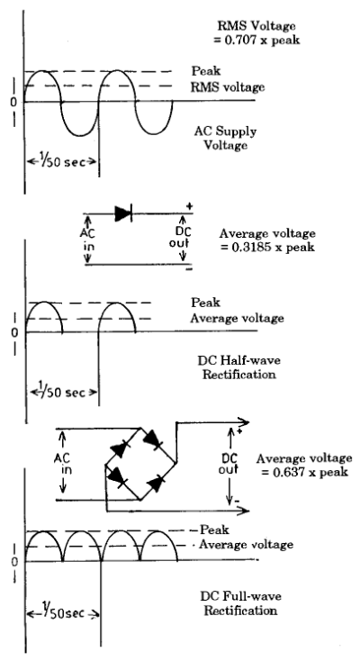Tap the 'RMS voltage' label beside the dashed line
228,87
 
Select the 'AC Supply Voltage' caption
225,139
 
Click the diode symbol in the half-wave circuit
123,213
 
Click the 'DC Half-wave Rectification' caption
239,367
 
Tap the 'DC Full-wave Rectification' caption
240,603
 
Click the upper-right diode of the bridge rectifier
153,440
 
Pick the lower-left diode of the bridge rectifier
117,477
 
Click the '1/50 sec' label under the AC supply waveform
61,161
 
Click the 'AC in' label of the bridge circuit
63,464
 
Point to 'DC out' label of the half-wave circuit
183,238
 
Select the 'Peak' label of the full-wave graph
214,530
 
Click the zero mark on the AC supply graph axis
13,103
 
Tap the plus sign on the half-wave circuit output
189,206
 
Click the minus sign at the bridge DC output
237,501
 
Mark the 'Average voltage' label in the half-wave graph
237,318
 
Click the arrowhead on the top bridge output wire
245,422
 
